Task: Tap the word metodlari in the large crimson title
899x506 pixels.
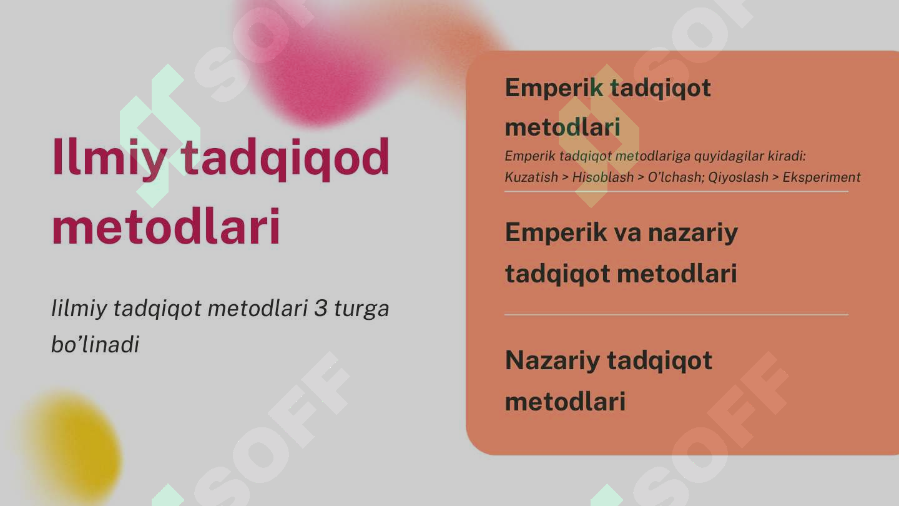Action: [166, 227]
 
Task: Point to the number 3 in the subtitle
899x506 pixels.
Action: [320, 308]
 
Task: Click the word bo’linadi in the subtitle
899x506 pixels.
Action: [95, 344]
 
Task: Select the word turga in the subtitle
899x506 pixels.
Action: [361, 309]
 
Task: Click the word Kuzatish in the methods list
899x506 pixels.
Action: [531, 177]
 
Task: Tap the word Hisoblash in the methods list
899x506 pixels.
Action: [603, 177]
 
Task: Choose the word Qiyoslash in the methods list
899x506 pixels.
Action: [739, 177]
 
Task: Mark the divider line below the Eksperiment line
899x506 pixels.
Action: [676, 191]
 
